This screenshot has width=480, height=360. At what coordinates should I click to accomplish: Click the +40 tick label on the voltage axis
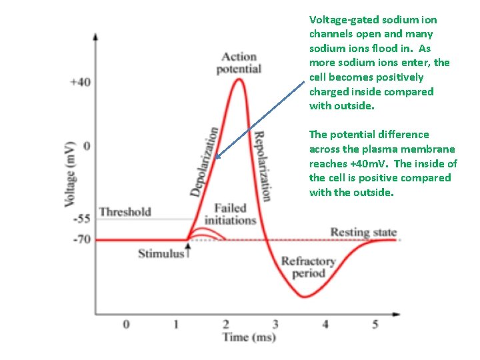pos(79,82)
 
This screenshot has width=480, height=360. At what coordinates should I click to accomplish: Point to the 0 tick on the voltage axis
pos(85,145)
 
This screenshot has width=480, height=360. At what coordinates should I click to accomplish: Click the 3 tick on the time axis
pos(275,324)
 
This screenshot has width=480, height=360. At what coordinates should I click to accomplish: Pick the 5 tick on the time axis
pos(375,324)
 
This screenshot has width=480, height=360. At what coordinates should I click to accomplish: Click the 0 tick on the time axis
pos(126,324)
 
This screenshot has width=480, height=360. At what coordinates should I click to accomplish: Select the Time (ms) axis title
pos(249,337)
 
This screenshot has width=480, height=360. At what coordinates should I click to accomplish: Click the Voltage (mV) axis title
pos(69,163)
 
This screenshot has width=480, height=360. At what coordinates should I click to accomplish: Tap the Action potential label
pos(239,63)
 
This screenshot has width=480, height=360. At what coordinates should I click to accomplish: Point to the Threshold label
pos(125,212)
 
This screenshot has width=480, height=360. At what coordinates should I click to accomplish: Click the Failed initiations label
pos(230,214)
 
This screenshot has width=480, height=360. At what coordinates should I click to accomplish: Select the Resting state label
pos(363,232)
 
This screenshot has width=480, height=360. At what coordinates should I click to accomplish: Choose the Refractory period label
pos(307,267)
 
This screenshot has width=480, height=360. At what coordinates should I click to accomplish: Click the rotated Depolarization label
pos(204,162)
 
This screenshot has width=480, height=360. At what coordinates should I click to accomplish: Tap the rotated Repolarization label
pos(262,165)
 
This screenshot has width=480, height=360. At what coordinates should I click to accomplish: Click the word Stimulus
pos(160,253)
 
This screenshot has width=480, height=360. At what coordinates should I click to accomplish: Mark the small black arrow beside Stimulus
pos(188,250)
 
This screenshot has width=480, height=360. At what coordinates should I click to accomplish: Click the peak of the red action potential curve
pos(238,80)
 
